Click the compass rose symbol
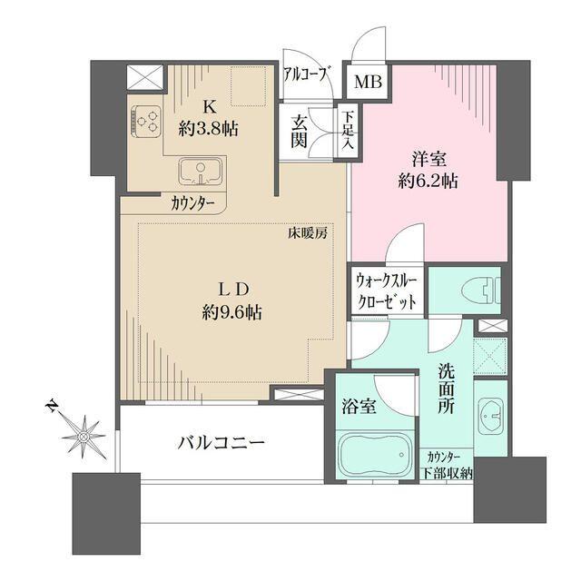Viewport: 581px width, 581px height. pyautogui.click(x=84, y=436)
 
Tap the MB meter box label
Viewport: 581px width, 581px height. pyautogui.click(x=368, y=83)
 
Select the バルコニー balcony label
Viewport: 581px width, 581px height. pyautogui.click(x=221, y=443)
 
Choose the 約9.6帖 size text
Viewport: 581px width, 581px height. pyautogui.click(x=232, y=312)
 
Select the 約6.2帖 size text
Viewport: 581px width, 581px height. pyautogui.click(x=426, y=181)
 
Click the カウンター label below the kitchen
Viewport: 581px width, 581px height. pyautogui.click(x=192, y=203)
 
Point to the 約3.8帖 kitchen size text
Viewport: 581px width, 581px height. pyautogui.click(x=208, y=129)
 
